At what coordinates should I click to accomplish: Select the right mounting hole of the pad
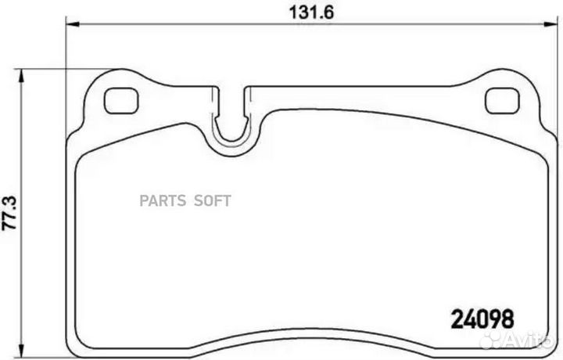pos(498,100)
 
